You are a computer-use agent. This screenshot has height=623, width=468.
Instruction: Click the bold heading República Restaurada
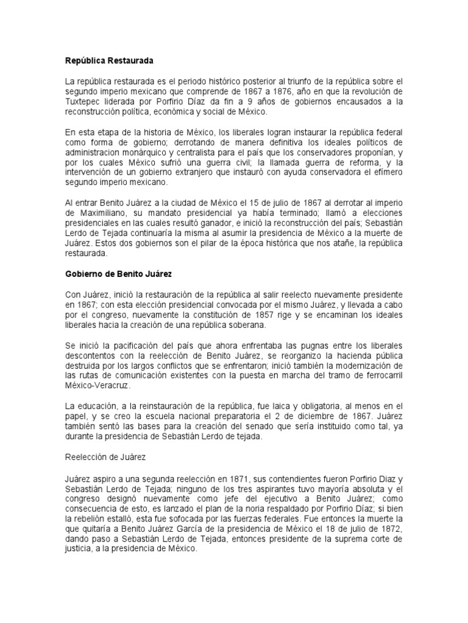(110, 61)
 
